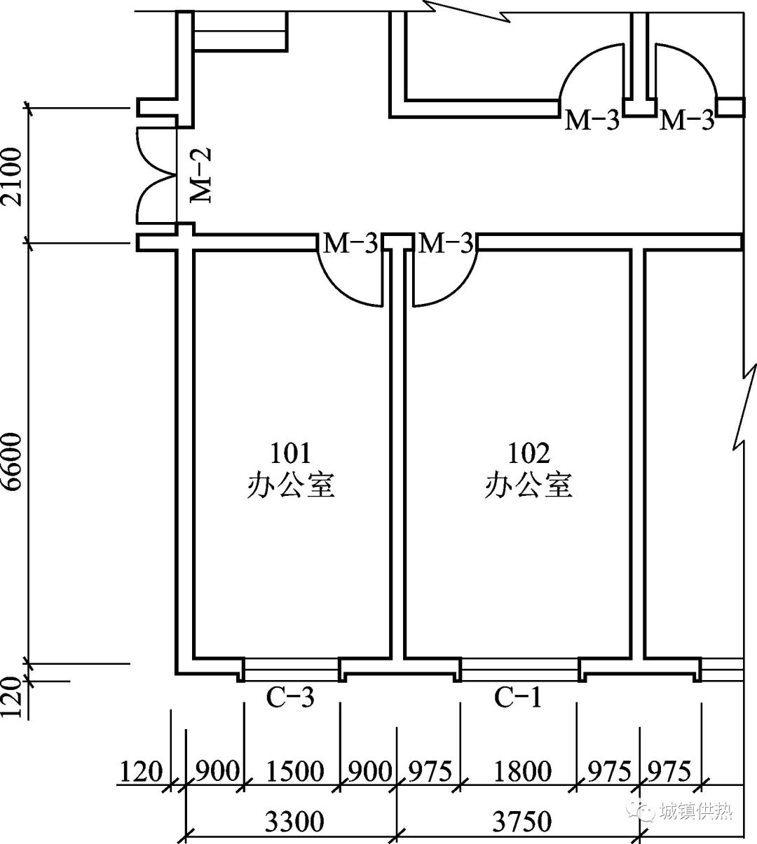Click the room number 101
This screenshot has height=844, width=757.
point(291,453)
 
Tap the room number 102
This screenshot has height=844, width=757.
point(528,453)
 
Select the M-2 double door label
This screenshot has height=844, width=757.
point(201,175)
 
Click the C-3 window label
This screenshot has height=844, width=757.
point(290,697)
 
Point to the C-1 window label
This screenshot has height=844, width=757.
point(518,697)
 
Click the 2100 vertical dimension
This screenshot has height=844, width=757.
point(11,177)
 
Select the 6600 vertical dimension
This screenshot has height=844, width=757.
point(11,462)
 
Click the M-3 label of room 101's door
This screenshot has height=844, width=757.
point(350,243)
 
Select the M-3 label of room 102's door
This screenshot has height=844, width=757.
point(446,243)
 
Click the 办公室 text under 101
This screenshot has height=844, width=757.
point(291,485)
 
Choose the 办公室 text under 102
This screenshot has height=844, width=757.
point(528,485)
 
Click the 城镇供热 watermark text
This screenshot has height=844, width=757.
point(696,810)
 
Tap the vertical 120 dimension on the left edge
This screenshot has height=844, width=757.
point(11,697)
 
